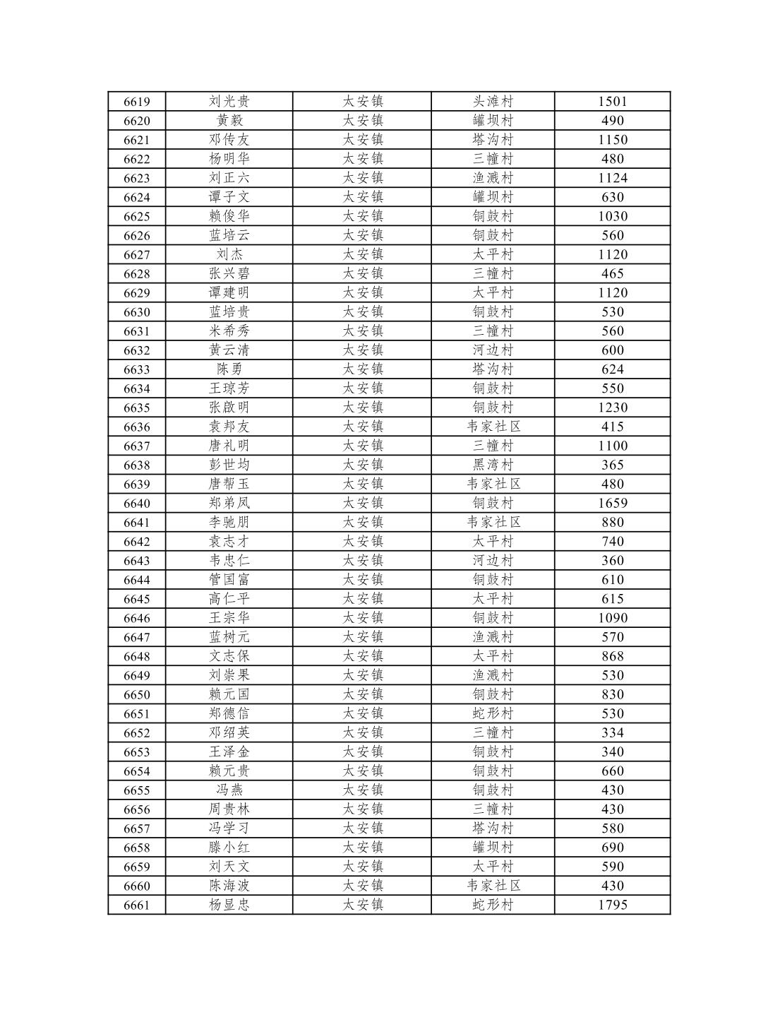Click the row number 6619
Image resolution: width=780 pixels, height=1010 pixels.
click(136, 102)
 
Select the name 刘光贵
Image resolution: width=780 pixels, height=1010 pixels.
click(229, 102)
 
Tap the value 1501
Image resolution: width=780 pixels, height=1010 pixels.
click(612, 102)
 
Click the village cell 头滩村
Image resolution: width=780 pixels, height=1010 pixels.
click(493, 102)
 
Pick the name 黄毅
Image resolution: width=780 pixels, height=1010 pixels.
click(229, 121)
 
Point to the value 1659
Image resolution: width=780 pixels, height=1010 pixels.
click(612, 504)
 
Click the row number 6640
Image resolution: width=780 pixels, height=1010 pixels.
click(136, 504)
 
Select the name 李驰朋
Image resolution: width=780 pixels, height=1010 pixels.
click(229, 523)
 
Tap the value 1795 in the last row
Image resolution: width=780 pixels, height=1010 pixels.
click(612, 905)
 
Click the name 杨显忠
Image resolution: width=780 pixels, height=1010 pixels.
click(229, 905)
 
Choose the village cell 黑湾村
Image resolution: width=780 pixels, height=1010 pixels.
click(493, 465)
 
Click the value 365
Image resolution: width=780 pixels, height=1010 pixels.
click(612, 465)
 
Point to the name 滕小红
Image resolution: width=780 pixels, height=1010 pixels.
click(229, 848)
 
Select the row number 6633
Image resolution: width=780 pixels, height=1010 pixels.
click(136, 369)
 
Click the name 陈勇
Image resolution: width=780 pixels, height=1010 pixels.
click(229, 369)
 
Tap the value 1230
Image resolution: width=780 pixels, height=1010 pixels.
click(612, 408)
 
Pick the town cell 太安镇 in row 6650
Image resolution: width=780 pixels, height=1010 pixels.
click(362, 694)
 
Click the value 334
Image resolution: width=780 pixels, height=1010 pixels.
click(612, 732)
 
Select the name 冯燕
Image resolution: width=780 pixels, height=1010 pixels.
click(229, 790)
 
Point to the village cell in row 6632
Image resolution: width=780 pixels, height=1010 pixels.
click(493, 350)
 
